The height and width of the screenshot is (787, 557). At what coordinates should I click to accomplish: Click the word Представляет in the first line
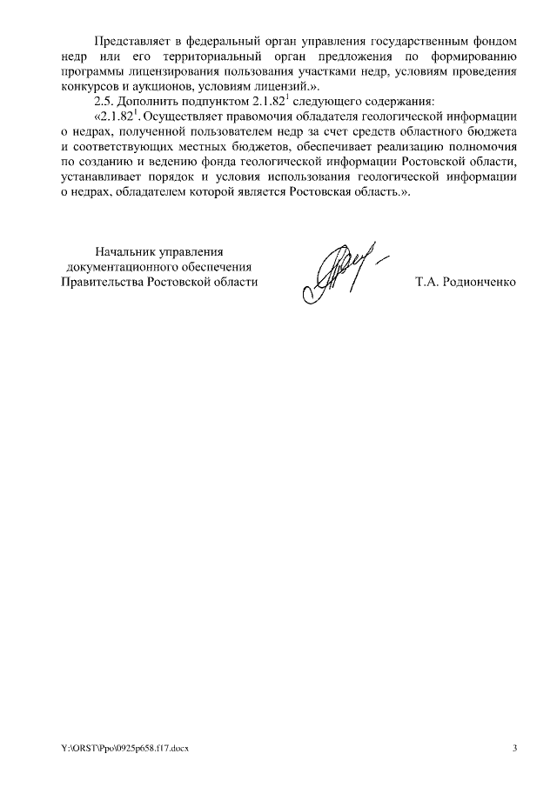pyautogui.click(x=131, y=41)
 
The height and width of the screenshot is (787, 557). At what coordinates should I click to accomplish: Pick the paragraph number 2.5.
pyautogui.click(x=104, y=102)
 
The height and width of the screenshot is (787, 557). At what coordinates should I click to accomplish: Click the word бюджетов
pyautogui.click(x=259, y=146)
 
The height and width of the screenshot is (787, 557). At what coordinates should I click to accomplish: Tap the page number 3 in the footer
pyautogui.click(x=513, y=749)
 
